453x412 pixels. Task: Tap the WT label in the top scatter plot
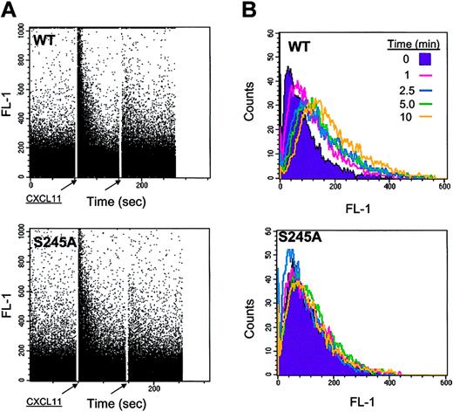[46, 42]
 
